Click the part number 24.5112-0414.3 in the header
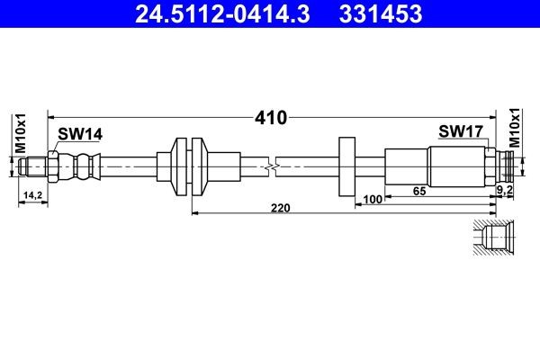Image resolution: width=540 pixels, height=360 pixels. (222, 14)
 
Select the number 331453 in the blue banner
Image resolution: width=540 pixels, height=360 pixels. (381, 14)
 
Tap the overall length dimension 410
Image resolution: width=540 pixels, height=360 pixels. (271, 118)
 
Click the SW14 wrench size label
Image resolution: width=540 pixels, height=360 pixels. (80, 134)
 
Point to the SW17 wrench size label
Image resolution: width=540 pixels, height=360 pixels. (461, 131)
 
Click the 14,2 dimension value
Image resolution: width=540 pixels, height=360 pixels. (32, 195)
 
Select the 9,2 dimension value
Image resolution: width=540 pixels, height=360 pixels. (505, 190)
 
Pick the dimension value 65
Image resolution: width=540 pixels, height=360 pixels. (419, 191)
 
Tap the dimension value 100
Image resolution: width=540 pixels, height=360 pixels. (373, 199)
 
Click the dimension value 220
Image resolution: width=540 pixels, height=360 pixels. (281, 208)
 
